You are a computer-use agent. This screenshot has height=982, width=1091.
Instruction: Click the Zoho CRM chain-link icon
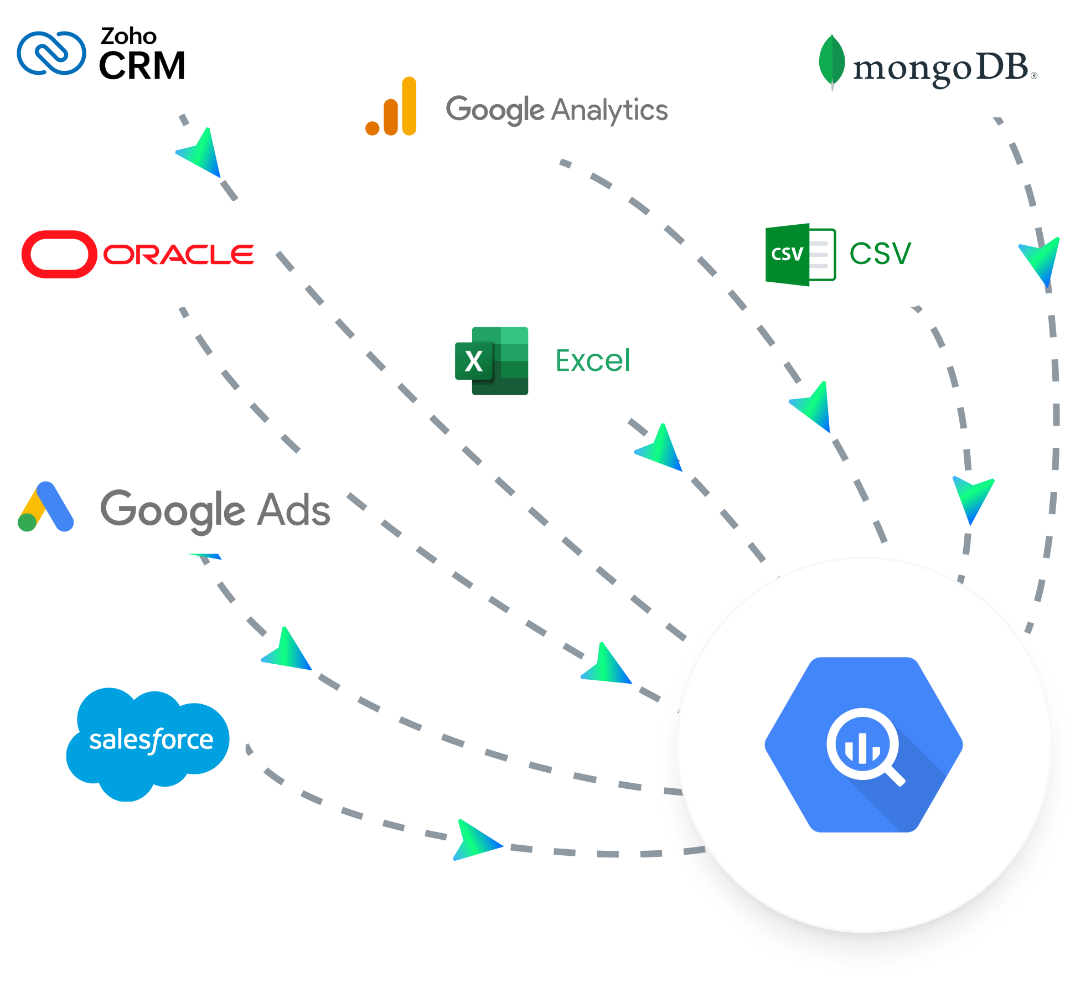pyautogui.click(x=51, y=53)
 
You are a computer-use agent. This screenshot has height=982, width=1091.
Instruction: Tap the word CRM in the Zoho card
pyautogui.click(x=142, y=66)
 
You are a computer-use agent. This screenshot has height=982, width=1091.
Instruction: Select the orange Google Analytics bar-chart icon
pyautogui.click(x=391, y=106)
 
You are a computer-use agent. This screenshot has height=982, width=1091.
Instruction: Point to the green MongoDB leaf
pyautogui.click(x=831, y=61)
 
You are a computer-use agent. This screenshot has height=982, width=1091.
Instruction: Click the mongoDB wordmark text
pyautogui.click(x=940, y=69)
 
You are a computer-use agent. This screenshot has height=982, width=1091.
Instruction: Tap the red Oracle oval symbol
pyautogui.click(x=59, y=254)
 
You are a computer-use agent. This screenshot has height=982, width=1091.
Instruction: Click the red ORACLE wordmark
pyautogui.click(x=178, y=255)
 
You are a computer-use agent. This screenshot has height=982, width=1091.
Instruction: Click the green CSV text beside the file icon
pyautogui.click(x=880, y=254)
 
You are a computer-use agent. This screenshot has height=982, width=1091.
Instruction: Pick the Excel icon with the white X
pyautogui.click(x=491, y=361)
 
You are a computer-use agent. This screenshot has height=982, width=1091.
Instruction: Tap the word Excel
pyautogui.click(x=592, y=361)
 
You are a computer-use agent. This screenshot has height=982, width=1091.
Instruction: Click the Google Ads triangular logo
pyautogui.click(x=45, y=507)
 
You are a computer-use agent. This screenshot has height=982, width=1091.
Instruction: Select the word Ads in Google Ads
pyautogui.click(x=295, y=509)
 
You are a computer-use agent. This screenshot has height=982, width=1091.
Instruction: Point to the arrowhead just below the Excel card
pyautogui.click(x=661, y=449)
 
